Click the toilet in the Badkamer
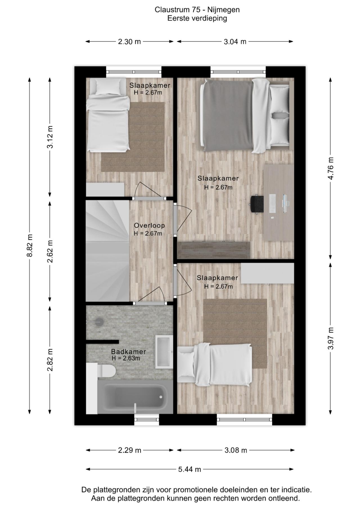point(106,371)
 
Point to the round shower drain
point(99,322)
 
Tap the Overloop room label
point(149,226)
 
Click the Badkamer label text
point(128,352)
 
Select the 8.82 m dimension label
point(30,245)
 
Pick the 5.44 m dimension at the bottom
point(190,469)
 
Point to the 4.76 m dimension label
point(331,168)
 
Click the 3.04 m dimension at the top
point(235,42)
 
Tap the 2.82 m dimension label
point(50,360)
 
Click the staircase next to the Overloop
point(107,250)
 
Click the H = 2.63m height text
point(126,358)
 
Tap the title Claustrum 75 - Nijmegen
point(197,10)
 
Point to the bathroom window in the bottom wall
point(147,420)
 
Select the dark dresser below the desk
point(214,250)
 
